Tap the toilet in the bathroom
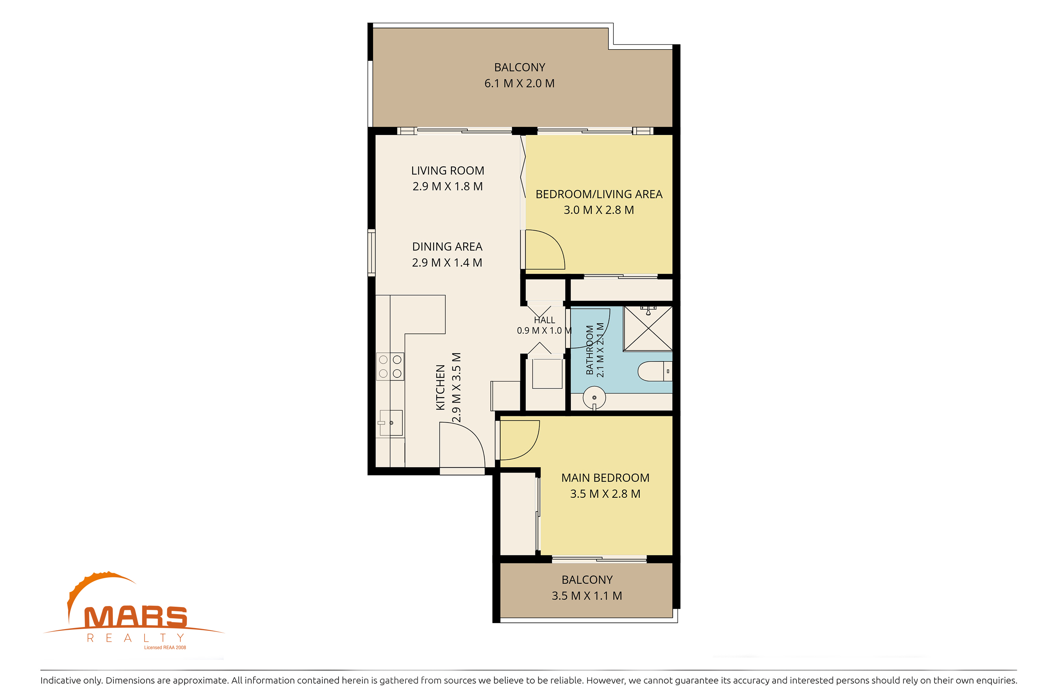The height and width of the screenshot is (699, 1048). pos(655,371)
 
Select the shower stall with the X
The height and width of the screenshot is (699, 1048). pos(648,329)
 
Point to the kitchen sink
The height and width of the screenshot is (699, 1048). pos(391,423)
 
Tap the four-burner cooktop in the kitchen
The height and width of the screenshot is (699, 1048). pos(390,366)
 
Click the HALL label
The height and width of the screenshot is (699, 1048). pos(545,320)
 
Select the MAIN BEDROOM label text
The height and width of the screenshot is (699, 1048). pos(605,478)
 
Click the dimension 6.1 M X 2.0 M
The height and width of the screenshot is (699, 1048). pos(519,84)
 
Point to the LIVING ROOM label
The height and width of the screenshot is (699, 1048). pos(447,171)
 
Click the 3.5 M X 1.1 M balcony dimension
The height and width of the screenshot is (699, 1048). pos(587,596)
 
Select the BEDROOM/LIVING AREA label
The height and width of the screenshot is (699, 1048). pos(599,194)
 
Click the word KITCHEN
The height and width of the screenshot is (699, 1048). pos(440,387)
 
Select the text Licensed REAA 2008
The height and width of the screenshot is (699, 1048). pos(165,647)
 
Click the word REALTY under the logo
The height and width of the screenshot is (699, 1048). pos(136,638)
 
